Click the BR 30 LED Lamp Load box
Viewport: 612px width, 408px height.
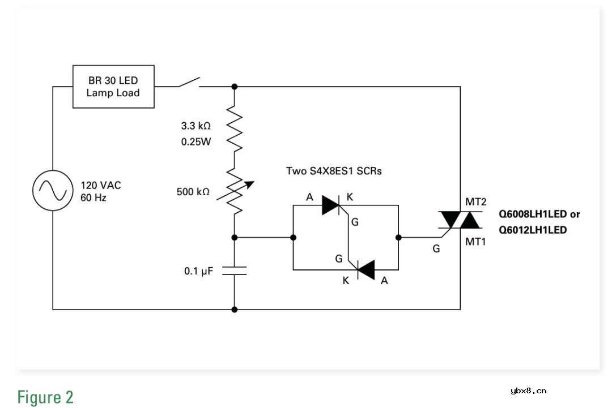pyautogui.click(x=113, y=87)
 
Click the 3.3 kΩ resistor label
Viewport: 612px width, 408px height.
pyautogui.click(x=196, y=126)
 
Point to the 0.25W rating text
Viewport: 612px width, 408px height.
pyautogui.click(x=196, y=142)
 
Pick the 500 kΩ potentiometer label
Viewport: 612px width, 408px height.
pyautogui.click(x=193, y=192)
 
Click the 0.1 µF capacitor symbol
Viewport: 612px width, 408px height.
pyautogui.click(x=234, y=270)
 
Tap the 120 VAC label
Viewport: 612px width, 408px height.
pyautogui.click(x=100, y=185)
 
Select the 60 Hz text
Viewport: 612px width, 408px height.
pyautogui.click(x=93, y=198)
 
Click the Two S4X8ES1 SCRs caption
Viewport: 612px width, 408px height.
pyautogui.click(x=334, y=170)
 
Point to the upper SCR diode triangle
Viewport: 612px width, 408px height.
pyautogui.click(x=331, y=205)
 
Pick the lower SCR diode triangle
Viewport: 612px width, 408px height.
pyautogui.click(x=365, y=270)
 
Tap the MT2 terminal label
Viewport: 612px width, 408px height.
pyautogui.click(x=475, y=201)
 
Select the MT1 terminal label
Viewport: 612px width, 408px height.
pyautogui.click(x=475, y=242)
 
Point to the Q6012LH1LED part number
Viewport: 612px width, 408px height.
pyautogui.click(x=533, y=230)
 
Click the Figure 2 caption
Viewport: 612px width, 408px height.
pyautogui.click(x=45, y=397)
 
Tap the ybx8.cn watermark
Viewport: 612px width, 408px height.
pyautogui.click(x=528, y=390)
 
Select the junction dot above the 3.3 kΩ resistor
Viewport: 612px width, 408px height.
pyautogui.click(x=234, y=87)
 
